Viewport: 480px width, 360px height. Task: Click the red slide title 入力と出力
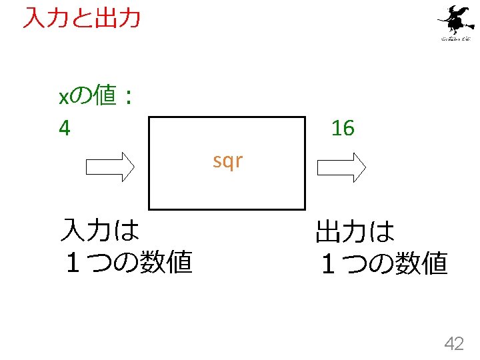(x=81, y=18)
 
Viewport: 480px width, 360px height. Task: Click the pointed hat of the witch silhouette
(x=457, y=10)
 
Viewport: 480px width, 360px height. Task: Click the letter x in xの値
(x=64, y=99)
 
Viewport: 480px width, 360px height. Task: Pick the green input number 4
(x=64, y=127)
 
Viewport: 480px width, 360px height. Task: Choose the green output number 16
(x=343, y=128)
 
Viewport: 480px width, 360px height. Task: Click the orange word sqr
(x=227, y=161)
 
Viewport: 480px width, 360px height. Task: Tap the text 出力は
(x=355, y=233)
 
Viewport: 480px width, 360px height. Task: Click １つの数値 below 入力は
(x=126, y=263)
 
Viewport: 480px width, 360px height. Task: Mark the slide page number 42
(x=454, y=343)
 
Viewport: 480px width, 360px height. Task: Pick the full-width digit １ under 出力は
(x=327, y=265)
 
